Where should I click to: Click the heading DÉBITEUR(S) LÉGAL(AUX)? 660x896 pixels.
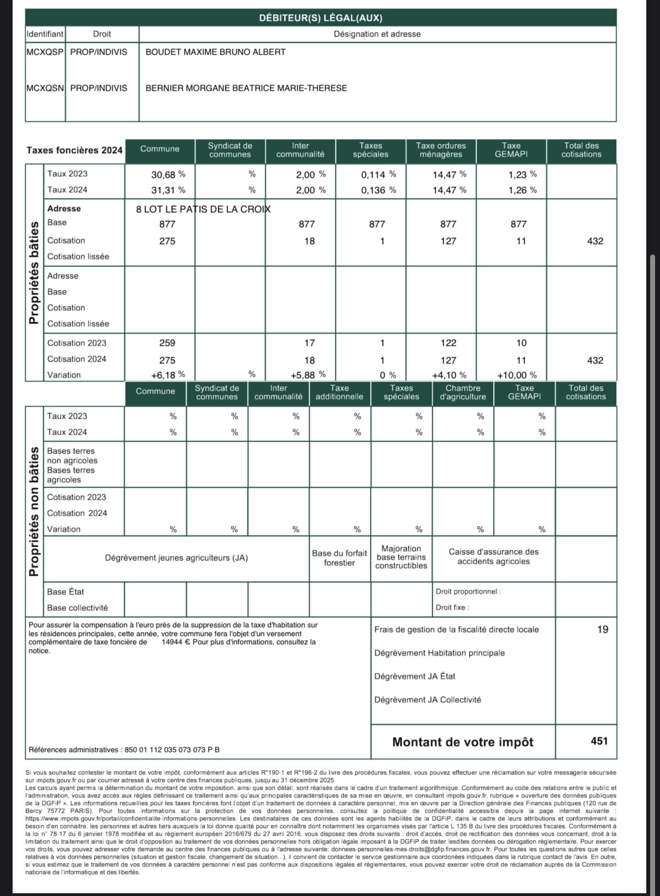click(x=321, y=18)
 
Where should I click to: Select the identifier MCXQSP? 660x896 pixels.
click(x=45, y=52)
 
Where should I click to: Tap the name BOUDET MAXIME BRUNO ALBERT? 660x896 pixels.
click(x=215, y=52)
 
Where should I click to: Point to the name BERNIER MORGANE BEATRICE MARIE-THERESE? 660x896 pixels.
click(x=246, y=88)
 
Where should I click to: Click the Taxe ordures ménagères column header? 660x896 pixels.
click(x=441, y=150)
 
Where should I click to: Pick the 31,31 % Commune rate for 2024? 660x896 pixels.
click(x=168, y=190)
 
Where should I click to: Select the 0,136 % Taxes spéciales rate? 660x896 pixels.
click(x=378, y=190)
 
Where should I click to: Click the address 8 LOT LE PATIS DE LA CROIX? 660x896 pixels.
click(x=203, y=209)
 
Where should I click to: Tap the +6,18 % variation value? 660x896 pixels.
click(x=167, y=375)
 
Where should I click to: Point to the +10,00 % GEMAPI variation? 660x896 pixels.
click(x=517, y=375)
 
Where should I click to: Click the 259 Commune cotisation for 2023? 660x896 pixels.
click(x=167, y=343)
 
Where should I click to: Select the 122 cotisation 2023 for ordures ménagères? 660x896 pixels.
click(x=448, y=343)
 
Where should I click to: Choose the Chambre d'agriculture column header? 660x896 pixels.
click(x=462, y=392)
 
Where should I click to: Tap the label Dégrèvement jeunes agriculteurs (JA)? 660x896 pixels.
click(x=176, y=558)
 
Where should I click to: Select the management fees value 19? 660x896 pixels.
click(x=602, y=629)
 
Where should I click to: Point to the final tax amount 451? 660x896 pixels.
click(x=599, y=741)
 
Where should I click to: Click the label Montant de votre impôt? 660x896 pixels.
click(x=462, y=742)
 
